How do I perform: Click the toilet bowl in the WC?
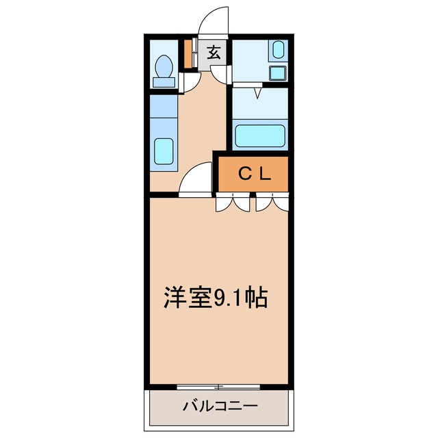164,66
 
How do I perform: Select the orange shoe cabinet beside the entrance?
188,54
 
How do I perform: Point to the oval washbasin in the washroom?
278,49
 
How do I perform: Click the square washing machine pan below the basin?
277,73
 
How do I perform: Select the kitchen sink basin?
164,151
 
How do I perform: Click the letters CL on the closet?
255,174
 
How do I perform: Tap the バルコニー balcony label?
220,407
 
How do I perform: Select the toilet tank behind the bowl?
164,82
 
